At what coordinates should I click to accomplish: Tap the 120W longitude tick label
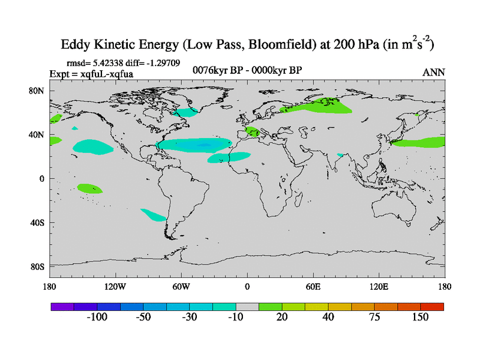click(115, 286)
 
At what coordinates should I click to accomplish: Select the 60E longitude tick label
click(313, 286)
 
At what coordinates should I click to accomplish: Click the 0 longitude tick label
click(247, 286)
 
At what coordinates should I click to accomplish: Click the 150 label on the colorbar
click(419, 317)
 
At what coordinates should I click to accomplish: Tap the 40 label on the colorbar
click(328, 317)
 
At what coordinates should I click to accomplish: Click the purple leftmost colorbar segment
click(62, 307)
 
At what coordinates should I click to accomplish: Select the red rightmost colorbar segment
click(432, 307)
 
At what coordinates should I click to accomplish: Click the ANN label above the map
click(434, 72)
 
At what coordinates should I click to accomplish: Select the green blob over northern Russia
click(324, 106)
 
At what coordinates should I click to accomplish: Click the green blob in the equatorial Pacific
click(90, 188)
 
